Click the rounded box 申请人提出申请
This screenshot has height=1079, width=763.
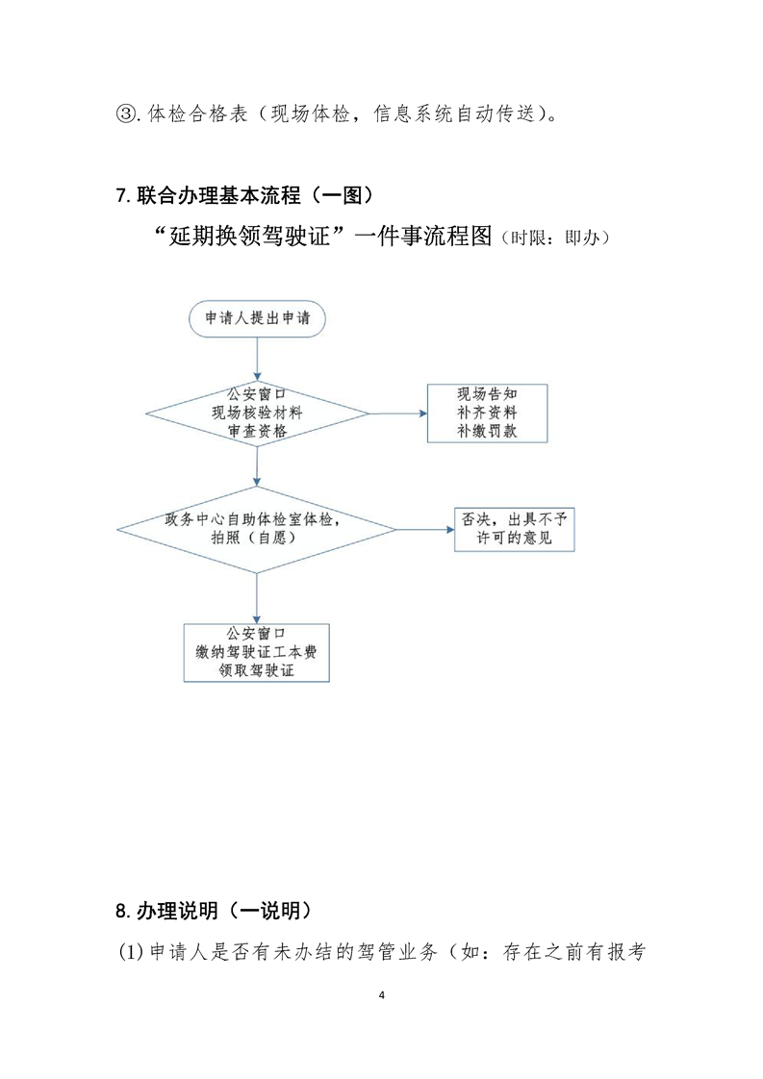[x=257, y=319]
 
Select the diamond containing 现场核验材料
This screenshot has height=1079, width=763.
[x=257, y=414]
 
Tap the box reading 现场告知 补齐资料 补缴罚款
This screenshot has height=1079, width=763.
[x=487, y=413]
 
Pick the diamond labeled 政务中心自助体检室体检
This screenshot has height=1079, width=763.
[x=257, y=528]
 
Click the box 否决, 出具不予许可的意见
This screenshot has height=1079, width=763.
[x=514, y=528]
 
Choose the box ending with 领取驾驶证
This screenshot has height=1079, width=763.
[x=256, y=653]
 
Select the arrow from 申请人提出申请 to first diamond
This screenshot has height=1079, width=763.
[x=257, y=361]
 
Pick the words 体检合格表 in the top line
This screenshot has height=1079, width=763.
[x=196, y=114]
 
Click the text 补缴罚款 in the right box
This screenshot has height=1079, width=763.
[x=487, y=432]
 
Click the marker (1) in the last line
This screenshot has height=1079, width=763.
[x=130, y=954]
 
